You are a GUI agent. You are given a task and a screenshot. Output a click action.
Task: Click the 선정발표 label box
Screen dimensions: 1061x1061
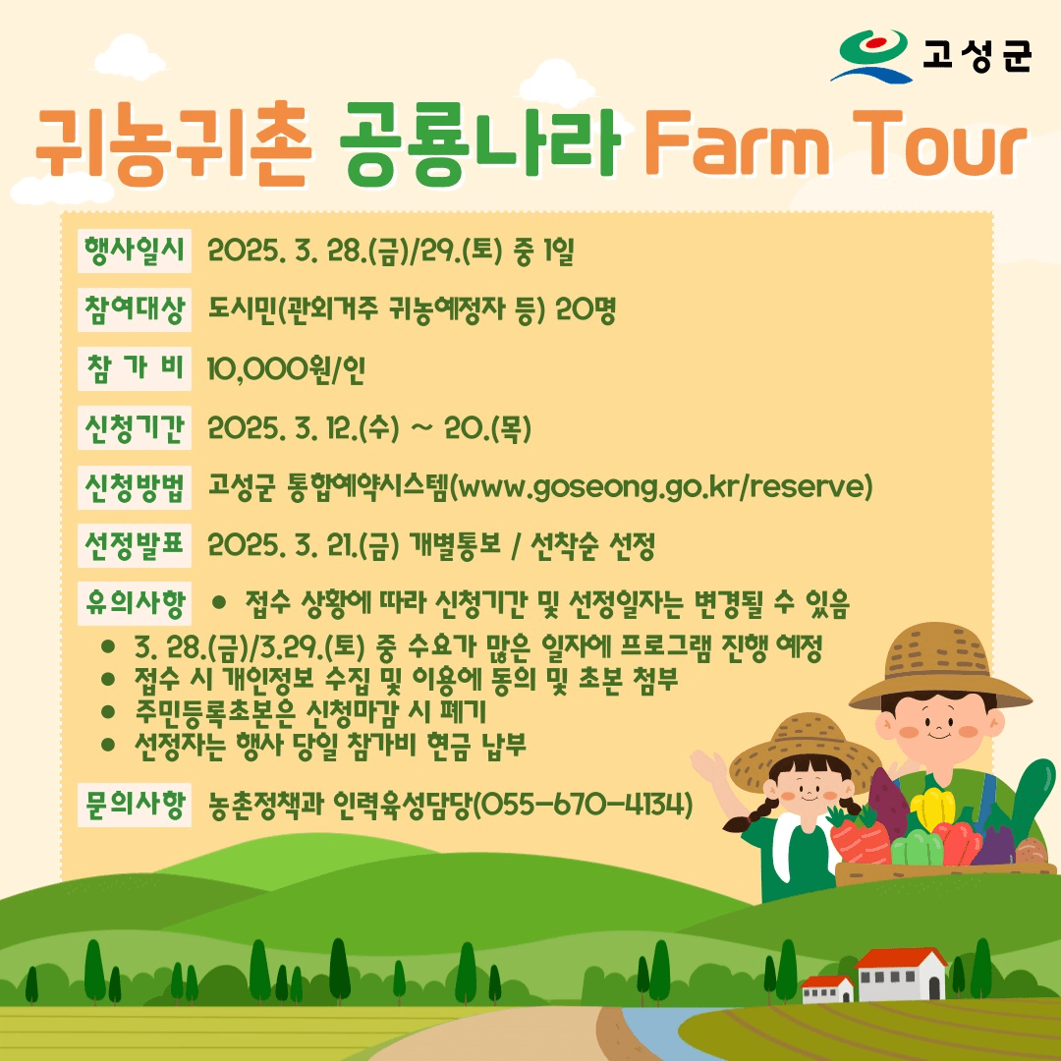click(x=135, y=545)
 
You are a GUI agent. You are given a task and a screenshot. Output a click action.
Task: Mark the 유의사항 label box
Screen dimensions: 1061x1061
click(x=135, y=603)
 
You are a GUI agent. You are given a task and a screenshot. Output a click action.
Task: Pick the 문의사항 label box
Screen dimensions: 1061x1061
click(x=135, y=806)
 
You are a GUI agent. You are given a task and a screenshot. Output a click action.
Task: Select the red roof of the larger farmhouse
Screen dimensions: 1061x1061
click(x=901, y=958)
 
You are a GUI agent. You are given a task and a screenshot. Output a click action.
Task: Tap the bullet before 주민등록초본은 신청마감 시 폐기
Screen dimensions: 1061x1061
click(x=109, y=710)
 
